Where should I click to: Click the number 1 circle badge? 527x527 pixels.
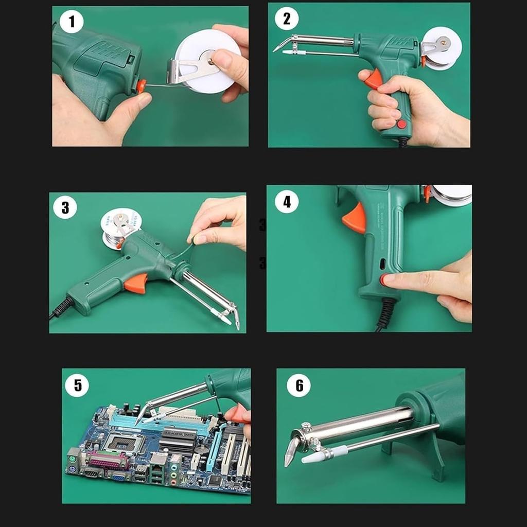[71, 22]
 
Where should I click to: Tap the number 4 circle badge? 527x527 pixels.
[287, 201]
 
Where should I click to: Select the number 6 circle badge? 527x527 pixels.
[298, 385]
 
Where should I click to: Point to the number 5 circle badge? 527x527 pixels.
[78, 385]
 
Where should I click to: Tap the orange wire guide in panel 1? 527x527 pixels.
[140, 86]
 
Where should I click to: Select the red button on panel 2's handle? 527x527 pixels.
[401, 124]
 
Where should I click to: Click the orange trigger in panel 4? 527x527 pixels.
[355, 218]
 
